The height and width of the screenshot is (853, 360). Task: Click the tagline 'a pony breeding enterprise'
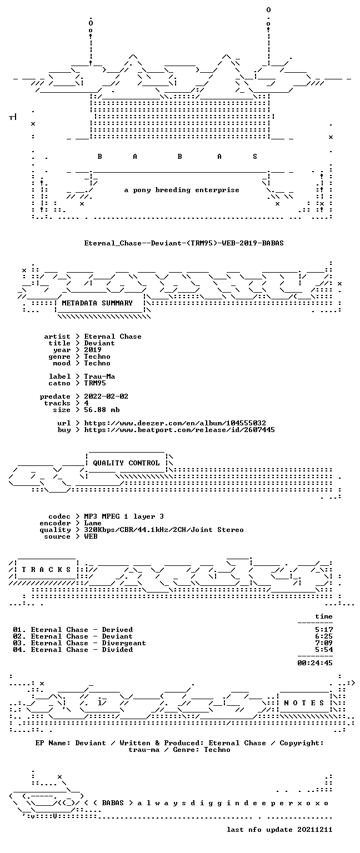(182, 190)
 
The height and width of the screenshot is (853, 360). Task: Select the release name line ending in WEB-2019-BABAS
(184, 243)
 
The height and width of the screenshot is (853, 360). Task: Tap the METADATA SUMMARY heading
(97, 303)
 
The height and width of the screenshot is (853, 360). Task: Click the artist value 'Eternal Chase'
(113, 337)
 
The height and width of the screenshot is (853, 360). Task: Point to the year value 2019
(93, 350)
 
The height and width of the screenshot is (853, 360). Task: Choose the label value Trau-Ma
(100, 377)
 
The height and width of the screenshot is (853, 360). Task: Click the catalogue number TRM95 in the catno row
(95, 383)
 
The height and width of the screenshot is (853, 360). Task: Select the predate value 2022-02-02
(106, 397)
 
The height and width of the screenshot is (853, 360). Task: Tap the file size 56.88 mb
(102, 410)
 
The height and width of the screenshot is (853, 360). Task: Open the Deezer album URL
(175, 423)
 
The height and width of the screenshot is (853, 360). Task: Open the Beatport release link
(179, 430)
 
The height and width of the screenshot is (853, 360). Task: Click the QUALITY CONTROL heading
(126, 463)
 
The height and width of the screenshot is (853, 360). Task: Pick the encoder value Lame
(93, 523)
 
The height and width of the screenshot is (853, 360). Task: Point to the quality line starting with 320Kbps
(164, 530)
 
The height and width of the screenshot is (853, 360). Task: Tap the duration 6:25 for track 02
(324, 636)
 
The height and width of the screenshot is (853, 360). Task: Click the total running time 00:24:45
(315, 663)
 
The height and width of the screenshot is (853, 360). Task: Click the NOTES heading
(304, 703)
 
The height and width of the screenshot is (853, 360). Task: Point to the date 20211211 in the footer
(315, 830)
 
